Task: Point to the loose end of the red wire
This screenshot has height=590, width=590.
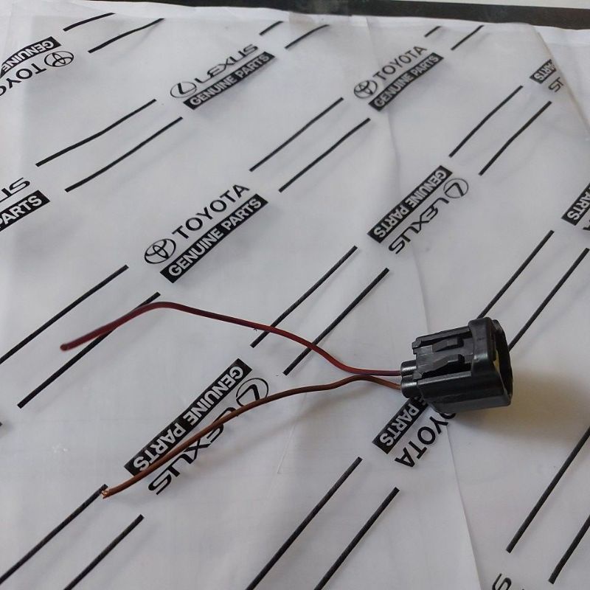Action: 64,346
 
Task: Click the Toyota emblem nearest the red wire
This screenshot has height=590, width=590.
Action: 159,251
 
